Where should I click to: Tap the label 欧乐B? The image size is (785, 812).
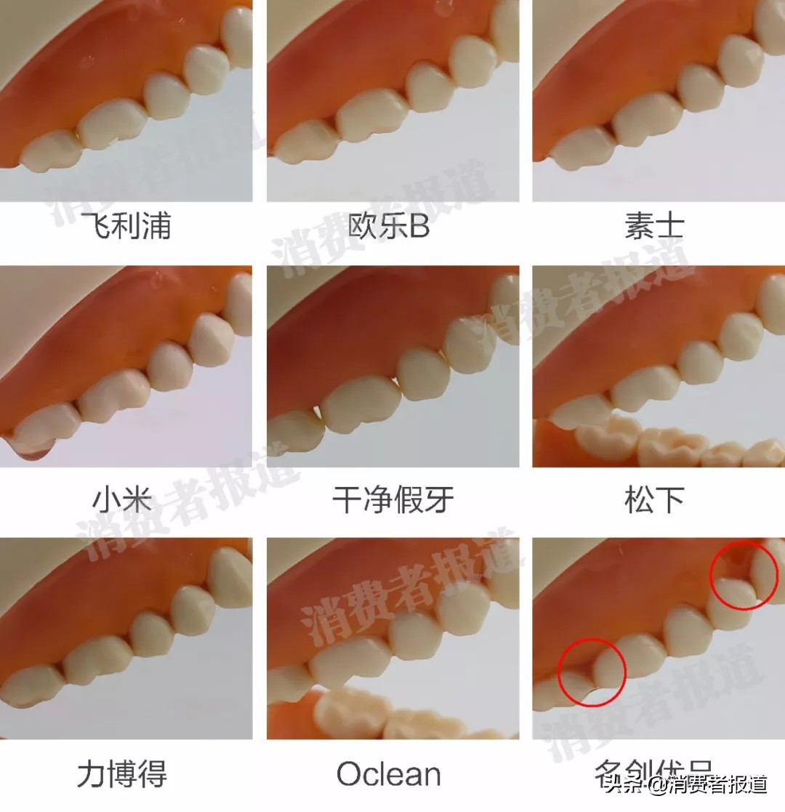389,226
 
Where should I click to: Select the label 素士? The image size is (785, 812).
653,226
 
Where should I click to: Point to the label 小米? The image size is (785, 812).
122,501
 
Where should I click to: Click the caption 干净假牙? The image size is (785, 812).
392,501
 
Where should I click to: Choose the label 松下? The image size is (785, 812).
653,501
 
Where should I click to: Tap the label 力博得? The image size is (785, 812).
122,775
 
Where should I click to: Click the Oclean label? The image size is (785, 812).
389,775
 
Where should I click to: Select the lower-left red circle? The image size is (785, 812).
592,670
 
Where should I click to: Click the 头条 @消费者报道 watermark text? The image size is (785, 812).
688,785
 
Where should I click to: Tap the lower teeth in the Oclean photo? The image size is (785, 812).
378,716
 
